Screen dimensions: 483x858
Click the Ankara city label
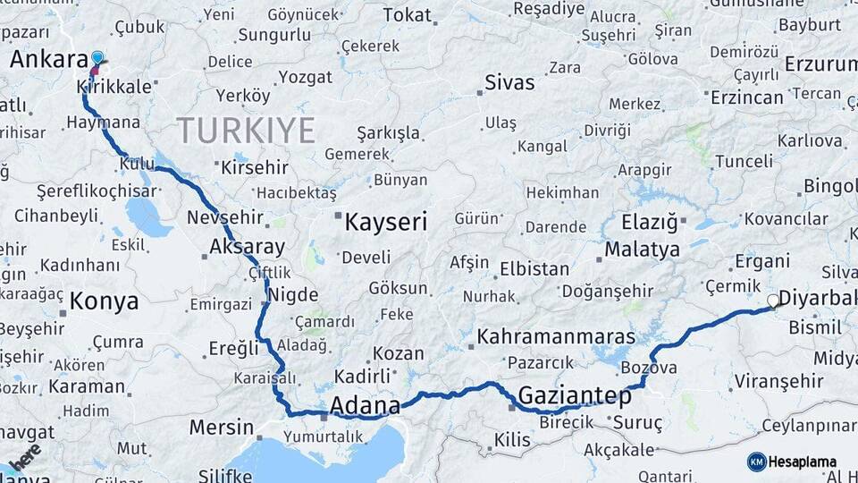tap(46, 60)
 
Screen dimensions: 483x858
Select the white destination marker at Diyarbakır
tap(773, 301)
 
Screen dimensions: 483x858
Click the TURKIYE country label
tap(246, 131)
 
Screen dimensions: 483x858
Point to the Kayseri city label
tap(386, 222)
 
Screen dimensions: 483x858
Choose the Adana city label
tap(365, 406)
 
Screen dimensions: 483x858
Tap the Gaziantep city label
tap(575, 394)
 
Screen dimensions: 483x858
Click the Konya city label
tap(105, 301)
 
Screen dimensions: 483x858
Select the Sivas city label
tap(509, 83)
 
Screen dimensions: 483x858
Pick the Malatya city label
tap(642, 250)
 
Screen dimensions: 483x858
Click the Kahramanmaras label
tap(556, 337)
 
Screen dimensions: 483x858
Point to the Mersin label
tap(221, 427)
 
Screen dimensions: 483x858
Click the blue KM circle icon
tap(756, 462)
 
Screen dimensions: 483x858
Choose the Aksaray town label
tap(247, 247)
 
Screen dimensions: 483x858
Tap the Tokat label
tap(407, 15)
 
